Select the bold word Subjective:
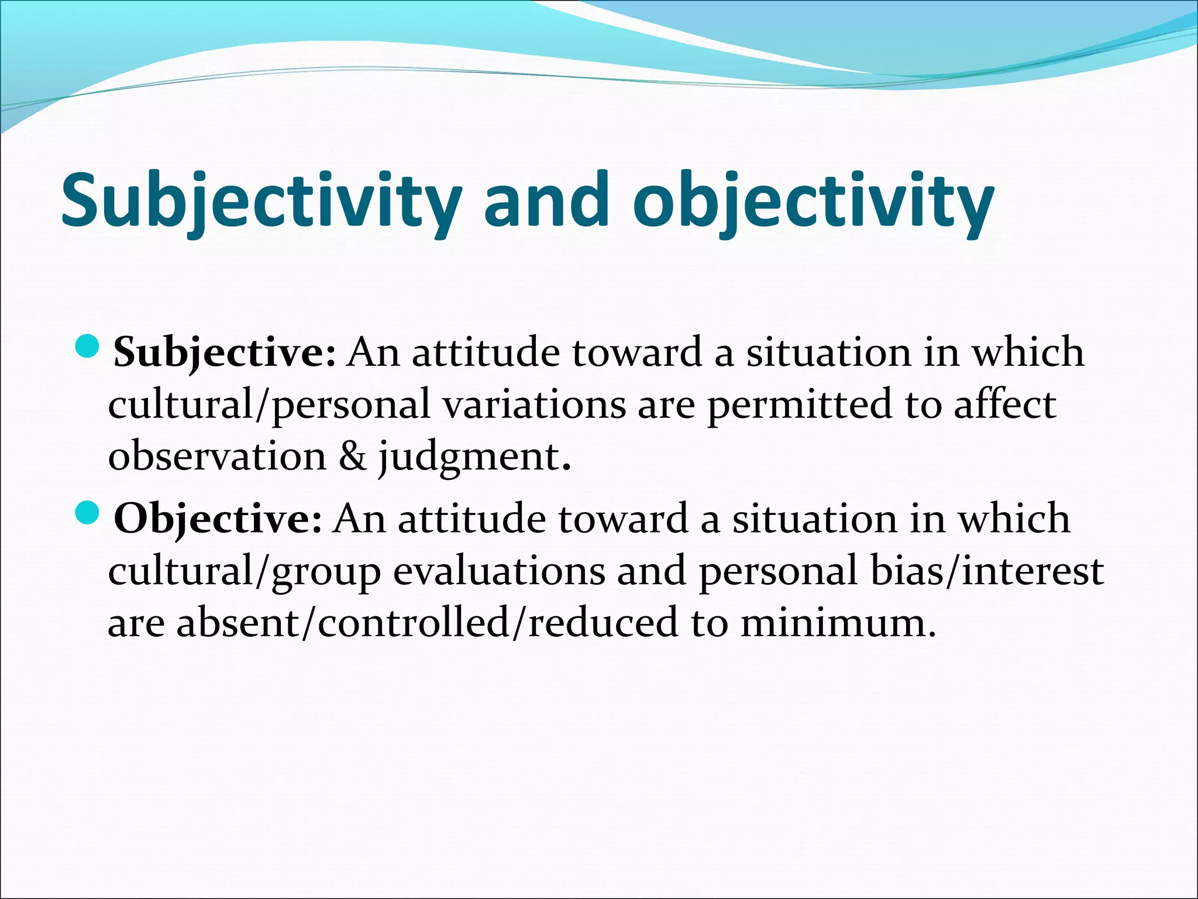click(x=225, y=353)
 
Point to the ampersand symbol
click(x=352, y=456)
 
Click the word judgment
click(x=474, y=457)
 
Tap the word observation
click(x=217, y=456)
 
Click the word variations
click(x=534, y=404)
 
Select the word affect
click(x=1004, y=404)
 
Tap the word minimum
click(x=836, y=623)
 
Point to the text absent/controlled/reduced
click(x=427, y=623)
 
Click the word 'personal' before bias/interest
click(x=778, y=571)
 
